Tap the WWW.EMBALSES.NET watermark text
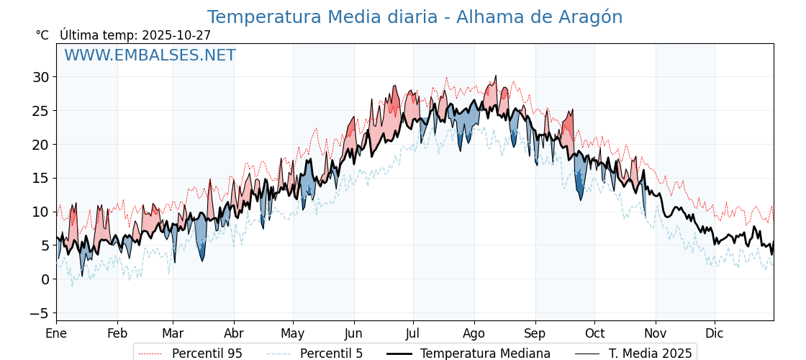(150, 55)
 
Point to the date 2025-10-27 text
(176, 35)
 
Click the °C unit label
(42, 35)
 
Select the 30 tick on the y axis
(40, 77)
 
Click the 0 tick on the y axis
(45, 279)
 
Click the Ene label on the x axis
(56, 333)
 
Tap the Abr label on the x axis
(234, 333)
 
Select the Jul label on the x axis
(413, 333)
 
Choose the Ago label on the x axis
(474, 333)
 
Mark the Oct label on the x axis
(594, 333)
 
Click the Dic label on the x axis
(715, 333)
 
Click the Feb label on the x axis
(117, 333)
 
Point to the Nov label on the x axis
(656, 333)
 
